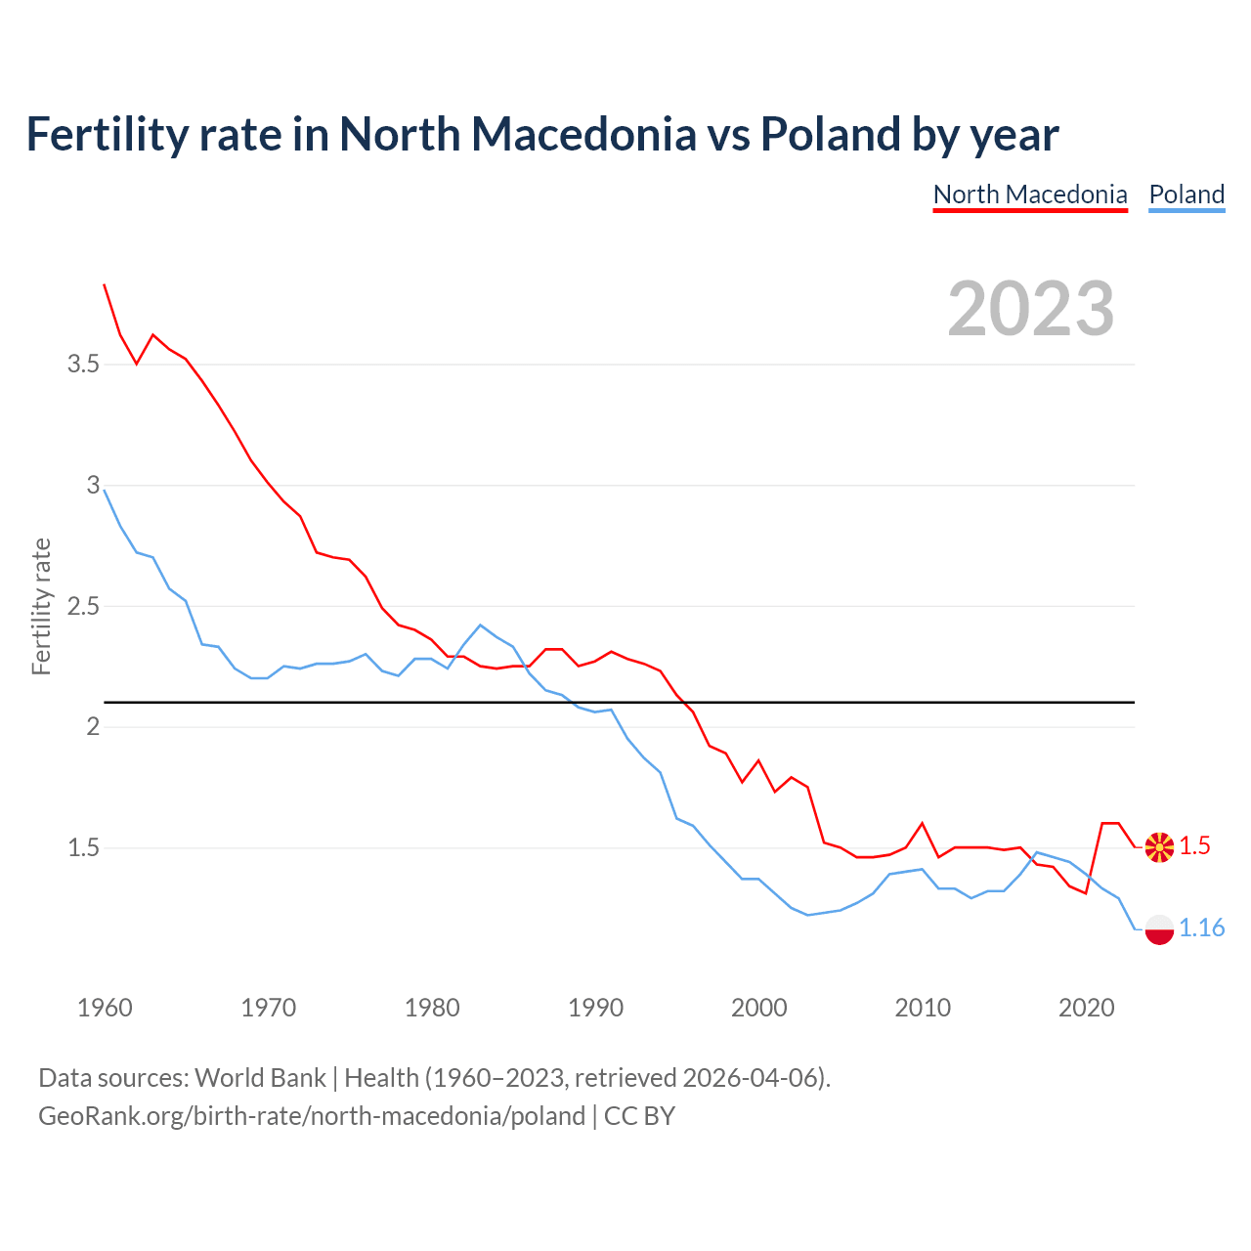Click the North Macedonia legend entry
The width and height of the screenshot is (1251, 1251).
pyautogui.click(x=1030, y=194)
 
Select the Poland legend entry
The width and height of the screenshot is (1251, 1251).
pyautogui.click(x=1186, y=194)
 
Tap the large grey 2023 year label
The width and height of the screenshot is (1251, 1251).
pyautogui.click(x=1030, y=309)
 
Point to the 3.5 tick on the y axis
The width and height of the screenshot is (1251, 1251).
pyautogui.click(x=83, y=365)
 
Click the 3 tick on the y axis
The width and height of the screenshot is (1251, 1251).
pyautogui.click(x=94, y=485)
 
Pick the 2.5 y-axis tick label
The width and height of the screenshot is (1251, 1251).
pyautogui.click(x=83, y=606)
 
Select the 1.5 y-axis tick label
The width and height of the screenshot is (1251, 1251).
pyautogui.click(x=83, y=847)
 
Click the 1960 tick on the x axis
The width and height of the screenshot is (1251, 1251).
pyautogui.click(x=105, y=1008)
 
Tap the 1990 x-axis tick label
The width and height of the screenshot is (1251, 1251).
pyautogui.click(x=595, y=1008)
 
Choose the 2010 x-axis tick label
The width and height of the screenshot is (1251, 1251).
pyautogui.click(x=923, y=1008)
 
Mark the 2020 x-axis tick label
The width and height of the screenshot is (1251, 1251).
pyautogui.click(x=1086, y=1008)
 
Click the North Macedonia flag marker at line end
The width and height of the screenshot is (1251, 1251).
pyautogui.click(x=1159, y=846)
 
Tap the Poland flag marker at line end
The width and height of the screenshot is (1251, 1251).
pyautogui.click(x=1159, y=928)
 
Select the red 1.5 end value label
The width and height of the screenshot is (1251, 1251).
pyautogui.click(x=1194, y=846)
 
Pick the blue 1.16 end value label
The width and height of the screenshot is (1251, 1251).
pyautogui.click(x=1201, y=928)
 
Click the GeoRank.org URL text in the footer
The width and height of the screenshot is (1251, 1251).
pyautogui.click(x=311, y=1116)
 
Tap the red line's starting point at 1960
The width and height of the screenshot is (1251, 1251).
pyautogui.click(x=105, y=284)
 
